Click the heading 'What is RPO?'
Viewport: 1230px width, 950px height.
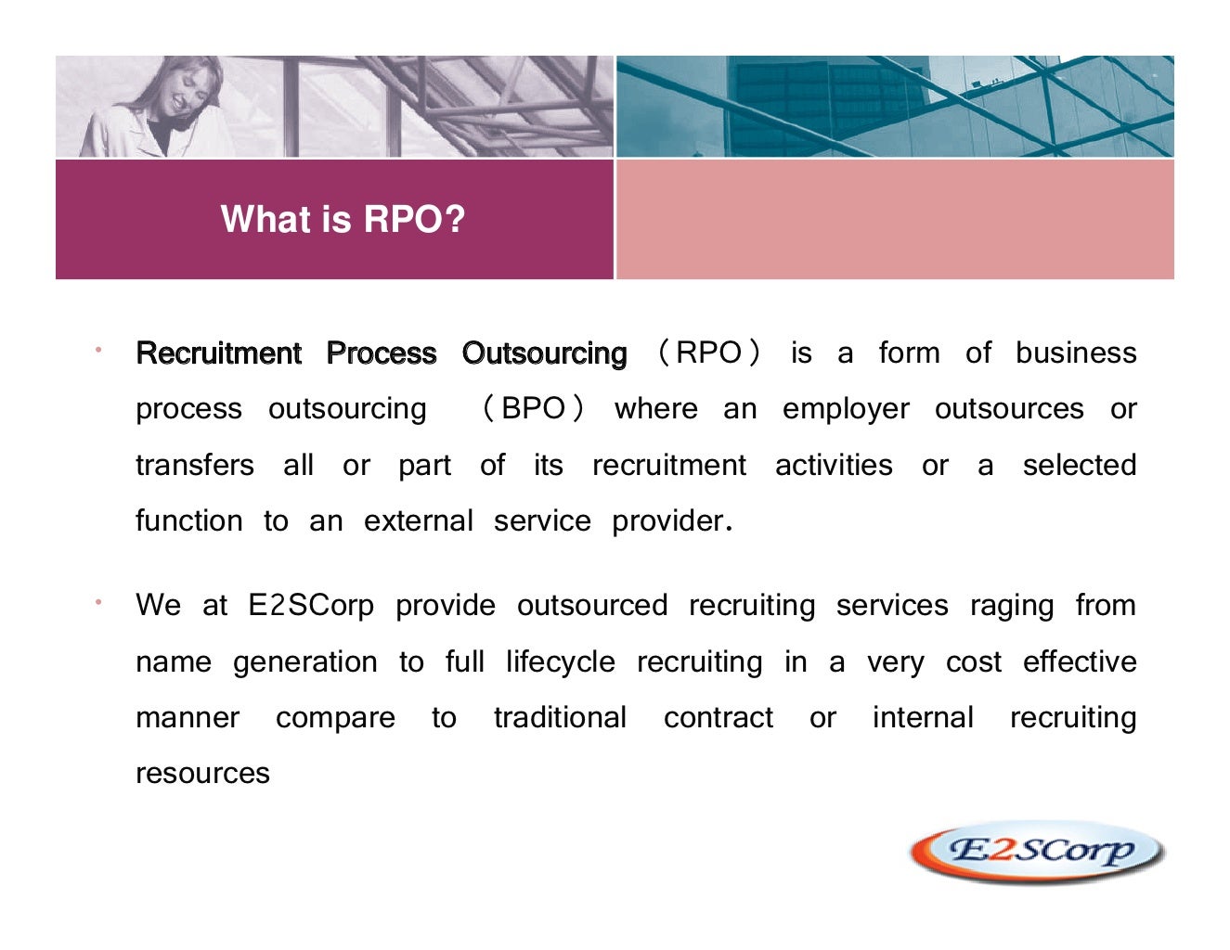click(x=343, y=220)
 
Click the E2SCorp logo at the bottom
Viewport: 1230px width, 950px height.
click(x=1038, y=851)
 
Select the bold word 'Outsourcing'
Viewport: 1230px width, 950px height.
click(x=544, y=353)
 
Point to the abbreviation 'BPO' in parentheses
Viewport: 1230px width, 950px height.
click(x=533, y=408)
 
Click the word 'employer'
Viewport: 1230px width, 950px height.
click(x=846, y=410)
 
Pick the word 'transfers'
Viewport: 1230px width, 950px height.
click(x=194, y=465)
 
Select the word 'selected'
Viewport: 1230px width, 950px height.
click(x=1079, y=465)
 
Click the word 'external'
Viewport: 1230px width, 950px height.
click(x=418, y=521)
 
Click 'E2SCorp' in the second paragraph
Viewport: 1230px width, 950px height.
click(x=311, y=606)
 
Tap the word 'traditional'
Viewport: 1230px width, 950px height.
click(x=560, y=718)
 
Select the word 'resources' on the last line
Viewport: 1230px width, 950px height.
click(x=202, y=774)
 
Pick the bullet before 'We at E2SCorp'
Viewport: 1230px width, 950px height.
click(x=97, y=603)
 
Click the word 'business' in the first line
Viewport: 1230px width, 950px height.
click(x=1075, y=353)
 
